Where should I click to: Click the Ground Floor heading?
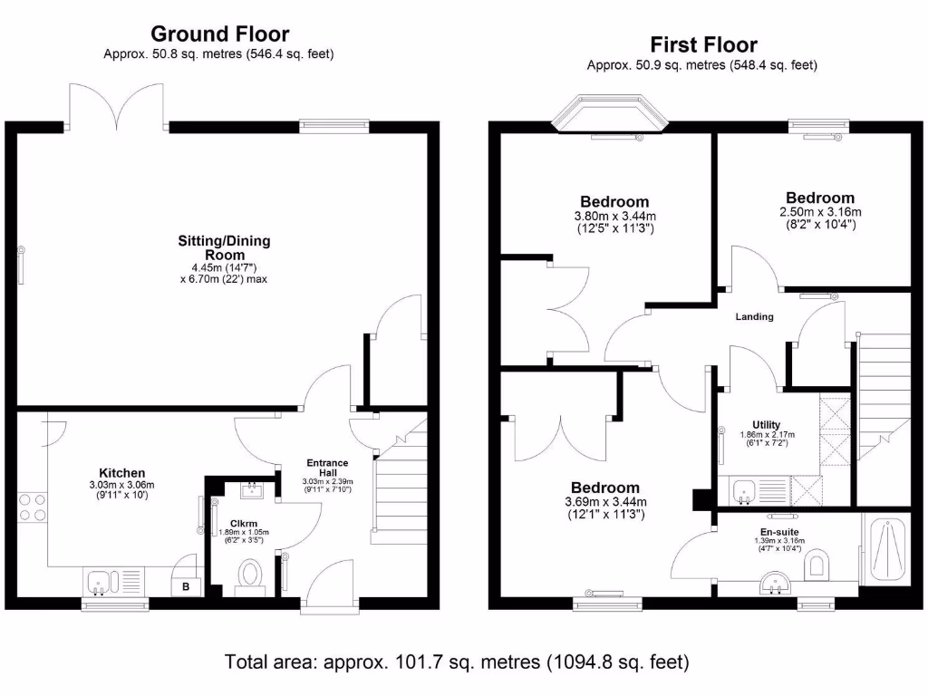click(219, 34)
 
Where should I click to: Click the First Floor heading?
click(703, 44)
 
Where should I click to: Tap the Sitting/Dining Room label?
click(224, 248)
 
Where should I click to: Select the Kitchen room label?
click(122, 472)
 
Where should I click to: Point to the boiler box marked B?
click(187, 586)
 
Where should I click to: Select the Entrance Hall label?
click(327, 469)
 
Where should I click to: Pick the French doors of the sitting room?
click(117, 104)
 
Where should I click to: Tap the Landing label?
click(754, 316)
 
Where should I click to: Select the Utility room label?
click(766, 424)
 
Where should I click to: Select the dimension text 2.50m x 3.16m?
click(820, 211)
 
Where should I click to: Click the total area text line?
click(457, 662)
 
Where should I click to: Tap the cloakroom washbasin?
click(248, 491)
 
